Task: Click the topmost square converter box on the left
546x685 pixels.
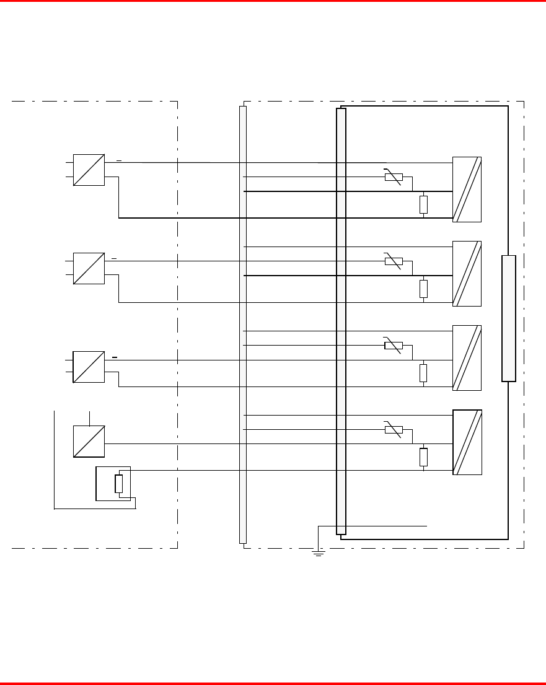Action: click(89, 170)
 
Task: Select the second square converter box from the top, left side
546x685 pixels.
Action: click(89, 268)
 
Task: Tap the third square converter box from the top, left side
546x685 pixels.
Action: click(89, 367)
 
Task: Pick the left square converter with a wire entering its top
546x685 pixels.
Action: click(89, 441)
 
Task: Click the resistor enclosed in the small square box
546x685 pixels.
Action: click(119, 484)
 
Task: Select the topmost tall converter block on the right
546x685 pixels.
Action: click(467, 189)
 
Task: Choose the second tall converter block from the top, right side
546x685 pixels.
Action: click(467, 273)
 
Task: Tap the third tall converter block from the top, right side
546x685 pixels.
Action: click(467, 357)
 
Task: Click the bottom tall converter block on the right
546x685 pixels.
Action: click(467, 442)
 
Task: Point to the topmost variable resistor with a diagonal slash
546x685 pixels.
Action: click(394, 177)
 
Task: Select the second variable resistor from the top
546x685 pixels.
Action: click(394, 261)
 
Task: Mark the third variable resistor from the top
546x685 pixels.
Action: click(394, 346)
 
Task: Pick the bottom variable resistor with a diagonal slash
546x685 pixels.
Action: click(394, 430)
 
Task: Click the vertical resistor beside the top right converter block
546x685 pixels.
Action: click(423, 204)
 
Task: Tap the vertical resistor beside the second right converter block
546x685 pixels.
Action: click(423, 289)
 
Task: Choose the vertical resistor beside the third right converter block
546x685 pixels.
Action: click(423, 373)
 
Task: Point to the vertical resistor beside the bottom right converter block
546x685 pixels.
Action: click(423, 457)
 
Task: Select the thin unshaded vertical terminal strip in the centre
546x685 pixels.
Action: click(243, 325)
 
